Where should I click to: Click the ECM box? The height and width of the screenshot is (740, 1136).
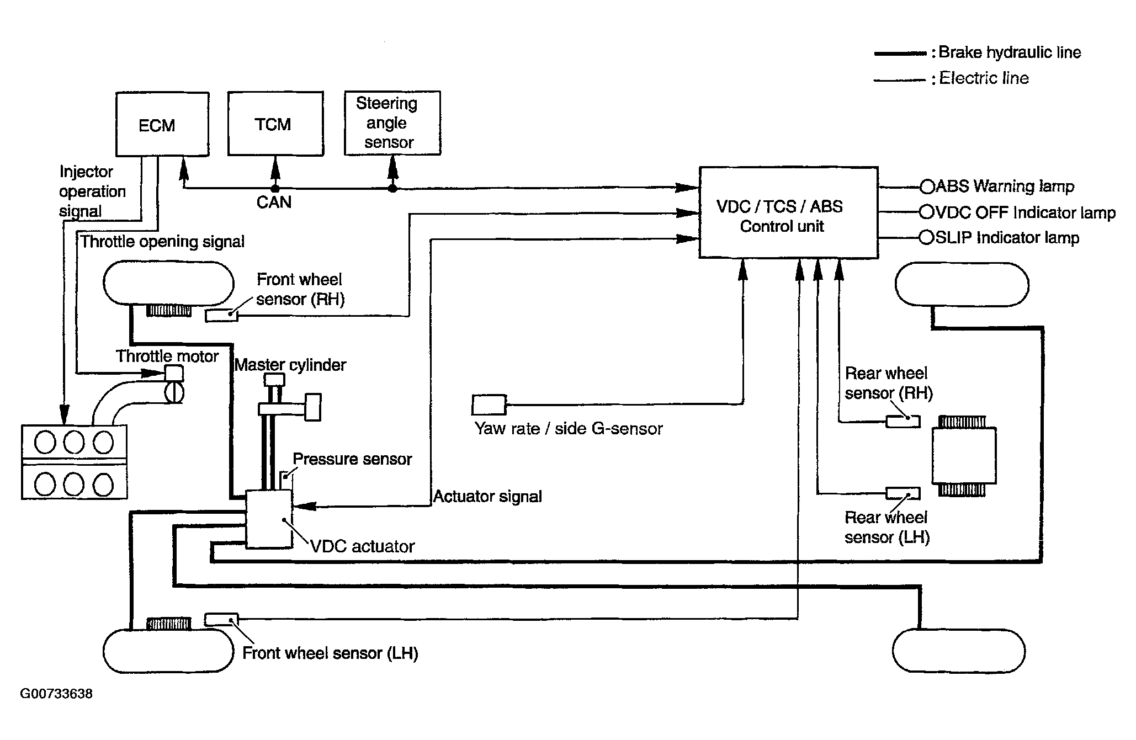click(x=162, y=124)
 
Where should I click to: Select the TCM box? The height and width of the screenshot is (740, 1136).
click(x=275, y=124)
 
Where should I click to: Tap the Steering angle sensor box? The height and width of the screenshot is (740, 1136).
click(x=392, y=123)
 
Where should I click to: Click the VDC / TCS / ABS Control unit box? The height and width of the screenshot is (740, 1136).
click(x=789, y=212)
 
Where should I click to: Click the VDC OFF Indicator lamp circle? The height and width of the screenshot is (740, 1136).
click(x=926, y=212)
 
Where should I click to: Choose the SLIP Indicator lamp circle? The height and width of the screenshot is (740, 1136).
click(x=926, y=238)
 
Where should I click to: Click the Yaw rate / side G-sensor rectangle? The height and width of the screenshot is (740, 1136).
click(x=489, y=405)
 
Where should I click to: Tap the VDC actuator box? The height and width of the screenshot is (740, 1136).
click(x=269, y=519)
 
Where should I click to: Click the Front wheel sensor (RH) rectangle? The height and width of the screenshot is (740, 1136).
click(x=222, y=315)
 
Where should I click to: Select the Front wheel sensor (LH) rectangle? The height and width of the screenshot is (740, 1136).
click(x=221, y=620)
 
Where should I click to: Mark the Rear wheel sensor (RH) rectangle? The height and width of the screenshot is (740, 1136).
click(x=903, y=422)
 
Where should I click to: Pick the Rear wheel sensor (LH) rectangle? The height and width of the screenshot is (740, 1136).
click(x=903, y=493)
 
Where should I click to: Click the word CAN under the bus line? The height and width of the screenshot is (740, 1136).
click(x=274, y=203)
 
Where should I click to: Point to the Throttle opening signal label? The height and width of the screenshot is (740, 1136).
click(x=163, y=242)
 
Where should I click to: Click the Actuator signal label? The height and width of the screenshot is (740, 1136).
click(x=488, y=497)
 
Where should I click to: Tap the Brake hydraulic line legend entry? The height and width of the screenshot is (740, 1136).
click(x=978, y=53)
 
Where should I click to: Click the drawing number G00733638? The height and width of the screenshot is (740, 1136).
click(x=56, y=694)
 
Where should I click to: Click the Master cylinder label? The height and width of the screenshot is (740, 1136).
click(x=290, y=365)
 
